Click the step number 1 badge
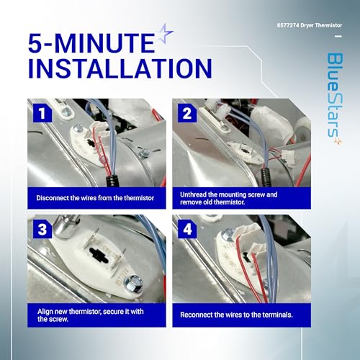coord(42,113)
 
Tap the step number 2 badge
coord(187,113)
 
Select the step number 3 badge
coord(42,229)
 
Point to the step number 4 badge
coord(187,229)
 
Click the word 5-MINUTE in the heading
coord(91,43)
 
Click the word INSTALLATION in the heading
coord(120,68)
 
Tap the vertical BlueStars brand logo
coord(336,95)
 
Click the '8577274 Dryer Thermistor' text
coord(310,25)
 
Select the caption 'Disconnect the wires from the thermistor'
coord(95,198)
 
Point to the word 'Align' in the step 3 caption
coord(44,312)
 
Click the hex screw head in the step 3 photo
coord(132,283)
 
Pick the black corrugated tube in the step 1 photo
coord(112,181)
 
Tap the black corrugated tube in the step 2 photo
coord(266,177)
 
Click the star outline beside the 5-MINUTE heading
coord(166,34)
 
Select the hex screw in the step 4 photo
coord(228,235)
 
